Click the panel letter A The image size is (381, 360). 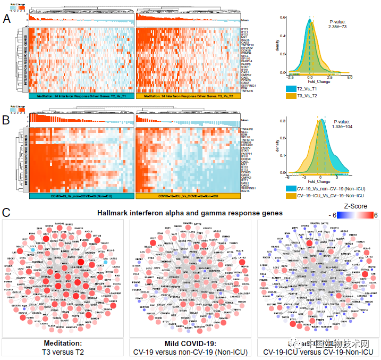pos(7,19)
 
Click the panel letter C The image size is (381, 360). pos(7,213)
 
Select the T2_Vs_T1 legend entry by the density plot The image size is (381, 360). pos(311,88)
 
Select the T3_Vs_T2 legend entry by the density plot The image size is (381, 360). pos(311,96)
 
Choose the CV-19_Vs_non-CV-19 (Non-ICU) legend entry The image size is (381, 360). pos(328,188)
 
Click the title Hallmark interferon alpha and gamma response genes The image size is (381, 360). pos(188,213)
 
